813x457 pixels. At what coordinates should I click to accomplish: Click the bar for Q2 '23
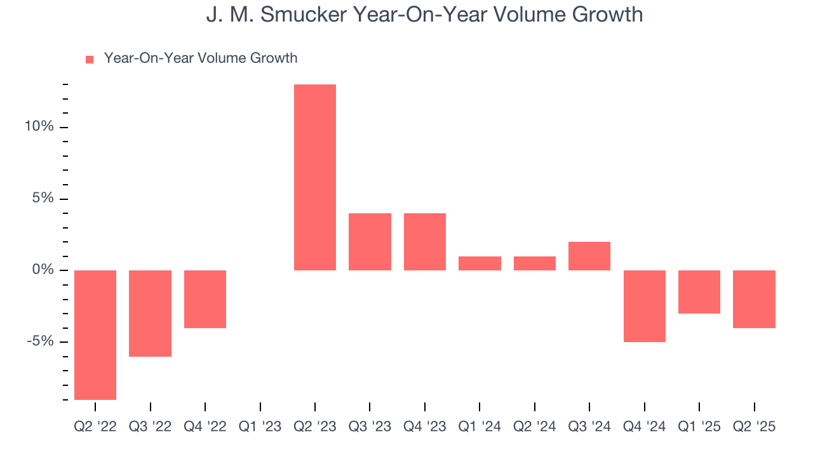coord(315,177)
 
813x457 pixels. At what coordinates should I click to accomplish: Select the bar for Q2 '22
coord(95,334)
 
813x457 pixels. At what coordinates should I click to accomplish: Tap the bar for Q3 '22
coord(151,313)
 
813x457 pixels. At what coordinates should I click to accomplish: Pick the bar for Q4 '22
coord(205,299)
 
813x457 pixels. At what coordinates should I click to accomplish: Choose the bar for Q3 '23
coord(370,242)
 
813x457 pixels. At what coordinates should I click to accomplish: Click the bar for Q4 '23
coord(425,242)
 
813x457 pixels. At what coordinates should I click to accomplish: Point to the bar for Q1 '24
coord(480,263)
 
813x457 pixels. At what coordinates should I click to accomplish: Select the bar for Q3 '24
coord(589,256)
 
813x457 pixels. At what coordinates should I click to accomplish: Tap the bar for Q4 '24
coord(645,306)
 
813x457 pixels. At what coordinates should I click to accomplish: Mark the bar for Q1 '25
coord(699,292)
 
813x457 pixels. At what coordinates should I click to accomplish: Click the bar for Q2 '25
coord(755,299)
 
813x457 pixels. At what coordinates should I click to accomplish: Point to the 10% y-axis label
coord(39,126)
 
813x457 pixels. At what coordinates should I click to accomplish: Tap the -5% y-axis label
coord(40,342)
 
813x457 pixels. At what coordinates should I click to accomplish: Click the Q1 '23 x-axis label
coord(260,427)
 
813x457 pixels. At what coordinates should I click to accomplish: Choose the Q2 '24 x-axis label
coord(534,427)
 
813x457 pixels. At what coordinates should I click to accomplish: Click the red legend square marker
coord(90,59)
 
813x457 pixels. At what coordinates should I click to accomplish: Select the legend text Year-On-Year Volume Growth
coord(201,58)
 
